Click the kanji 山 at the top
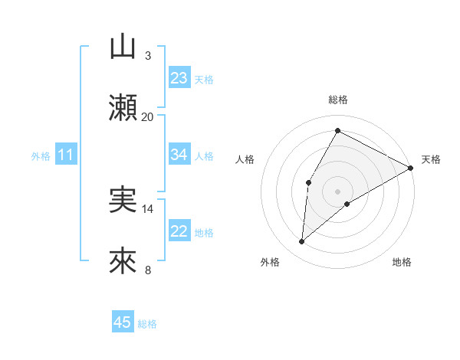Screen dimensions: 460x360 click(123, 47)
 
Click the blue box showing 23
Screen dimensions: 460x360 click(179, 78)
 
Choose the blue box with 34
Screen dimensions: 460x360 click(179, 155)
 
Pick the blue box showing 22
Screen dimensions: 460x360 click(179, 231)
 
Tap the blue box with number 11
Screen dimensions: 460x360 click(66, 155)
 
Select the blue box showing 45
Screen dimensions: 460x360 click(123, 322)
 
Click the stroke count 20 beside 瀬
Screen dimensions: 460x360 click(148, 116)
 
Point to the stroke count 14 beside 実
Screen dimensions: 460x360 click(148, 208)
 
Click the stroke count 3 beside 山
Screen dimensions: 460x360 click(148, 55)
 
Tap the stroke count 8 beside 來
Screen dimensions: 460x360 click(148, 270)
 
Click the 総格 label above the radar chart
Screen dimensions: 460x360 click(338, 100)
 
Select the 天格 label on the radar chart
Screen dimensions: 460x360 click(431, 159)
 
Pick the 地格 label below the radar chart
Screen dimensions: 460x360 click(402, 262)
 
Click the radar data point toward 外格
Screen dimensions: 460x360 click(302, 242)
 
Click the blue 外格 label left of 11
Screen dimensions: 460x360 click(41, 156)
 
